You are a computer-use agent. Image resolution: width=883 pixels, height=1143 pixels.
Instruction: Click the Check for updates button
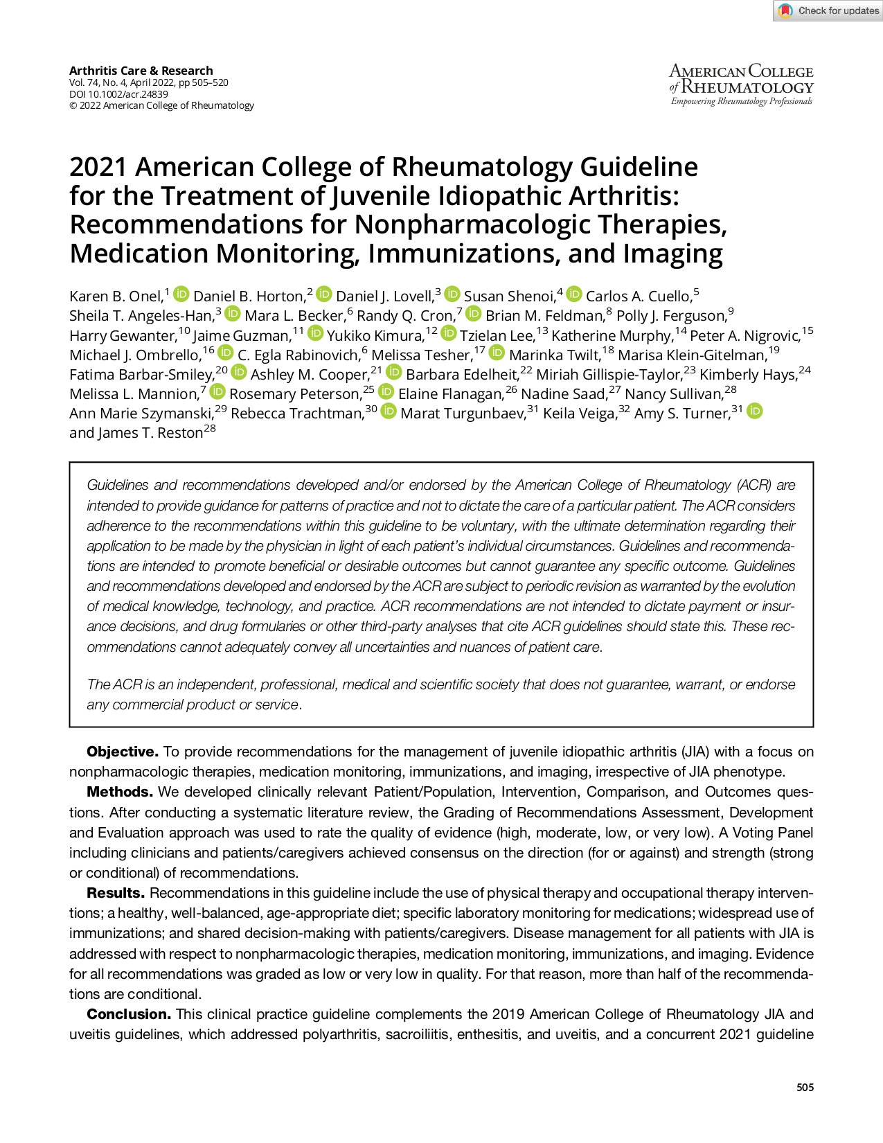pyautogui.click(x=828, y=10)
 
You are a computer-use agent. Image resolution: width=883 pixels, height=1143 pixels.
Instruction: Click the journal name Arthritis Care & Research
pyautogui.click(x=141, y=71)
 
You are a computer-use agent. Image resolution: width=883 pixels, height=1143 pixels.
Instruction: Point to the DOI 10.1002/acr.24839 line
pyautogui.click(x=118, y=94)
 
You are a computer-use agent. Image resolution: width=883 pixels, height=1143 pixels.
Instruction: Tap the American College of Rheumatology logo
pyautogui.click(x=741, y=85)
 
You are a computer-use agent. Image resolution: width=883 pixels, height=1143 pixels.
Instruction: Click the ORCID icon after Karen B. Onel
pyautogui.click(x=181, y=294)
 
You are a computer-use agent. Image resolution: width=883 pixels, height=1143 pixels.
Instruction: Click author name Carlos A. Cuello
pyautogui.click(x=638, y=296)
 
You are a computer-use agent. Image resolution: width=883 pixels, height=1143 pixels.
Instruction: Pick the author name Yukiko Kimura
pyautogui.click(x=375, y=336)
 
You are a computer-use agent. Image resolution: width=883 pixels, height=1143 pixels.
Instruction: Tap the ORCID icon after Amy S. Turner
pyautogui.click(x=755, y=411)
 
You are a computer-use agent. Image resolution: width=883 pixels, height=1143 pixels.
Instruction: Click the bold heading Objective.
pyautogui.click(x=122, y=752)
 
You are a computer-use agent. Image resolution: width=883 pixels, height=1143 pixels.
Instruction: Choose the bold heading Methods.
pyautogui.click(x=119, y=792)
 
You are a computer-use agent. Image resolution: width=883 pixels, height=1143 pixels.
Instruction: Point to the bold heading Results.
pyautogui.click(x=115, y=893)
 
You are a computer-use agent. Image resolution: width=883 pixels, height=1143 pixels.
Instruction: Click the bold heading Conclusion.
pyautogui.click(x=128, y=1014)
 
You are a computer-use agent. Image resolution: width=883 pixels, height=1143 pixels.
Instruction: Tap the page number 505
pyautogui.click(x=805, y=1088)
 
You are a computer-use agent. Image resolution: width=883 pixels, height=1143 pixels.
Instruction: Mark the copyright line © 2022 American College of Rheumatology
pyautogui.click(x=161, y=106)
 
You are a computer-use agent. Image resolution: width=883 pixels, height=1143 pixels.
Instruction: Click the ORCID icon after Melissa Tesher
pyautogui.click(x=497, y=353)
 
